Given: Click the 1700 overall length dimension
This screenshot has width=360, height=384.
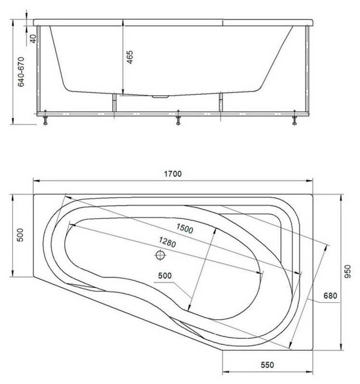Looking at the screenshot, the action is (173, 174).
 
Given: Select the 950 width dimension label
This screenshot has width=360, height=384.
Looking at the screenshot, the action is (348, 272).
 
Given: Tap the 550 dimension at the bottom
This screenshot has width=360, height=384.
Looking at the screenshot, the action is (267, 365).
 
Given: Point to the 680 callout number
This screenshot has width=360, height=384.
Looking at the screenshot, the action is (330, 296).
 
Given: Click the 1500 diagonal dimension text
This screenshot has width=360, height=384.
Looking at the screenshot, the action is (185, 228).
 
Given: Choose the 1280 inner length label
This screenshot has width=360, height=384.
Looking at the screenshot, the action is (167, 242).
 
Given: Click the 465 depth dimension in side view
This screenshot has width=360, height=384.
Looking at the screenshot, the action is (130, 57).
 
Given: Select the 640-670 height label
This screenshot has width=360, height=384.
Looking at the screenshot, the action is (21, 72).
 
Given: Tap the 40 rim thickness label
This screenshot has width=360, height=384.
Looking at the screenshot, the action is (33, 39).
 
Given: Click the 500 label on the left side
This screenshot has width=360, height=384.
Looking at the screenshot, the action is (20, 235).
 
